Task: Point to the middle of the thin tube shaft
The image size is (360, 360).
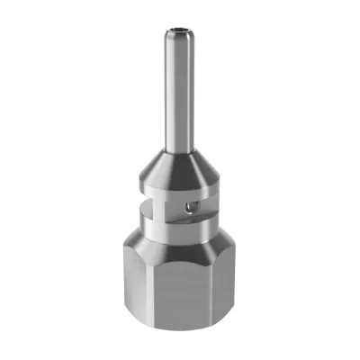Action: point(177,90)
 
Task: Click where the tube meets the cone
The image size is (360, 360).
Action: point(177,148)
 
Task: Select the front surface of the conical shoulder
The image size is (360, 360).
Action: point(176,166)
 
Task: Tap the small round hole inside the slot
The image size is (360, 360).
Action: point(186,207)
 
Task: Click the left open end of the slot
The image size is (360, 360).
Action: point(144,214)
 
